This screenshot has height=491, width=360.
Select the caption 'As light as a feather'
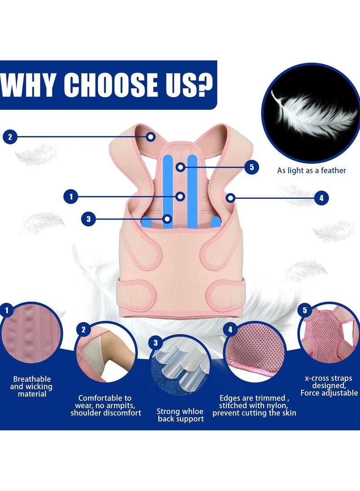[x=311, y=171]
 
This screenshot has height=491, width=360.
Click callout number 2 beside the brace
[x=10, y=137]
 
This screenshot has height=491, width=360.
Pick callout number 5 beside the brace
[x=252, y=167]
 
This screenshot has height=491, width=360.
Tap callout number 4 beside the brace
[x=321, y=198]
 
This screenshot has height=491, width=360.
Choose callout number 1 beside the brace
[x=71, y=197]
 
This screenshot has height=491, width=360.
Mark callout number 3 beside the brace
[x=89, y=219]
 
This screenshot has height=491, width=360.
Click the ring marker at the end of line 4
[x=230, y=198]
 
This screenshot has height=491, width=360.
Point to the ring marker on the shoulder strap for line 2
[x=151, y=137]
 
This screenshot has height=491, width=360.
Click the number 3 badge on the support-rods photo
[x=156, y=343]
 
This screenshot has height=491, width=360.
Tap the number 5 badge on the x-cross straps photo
[x=305, y=311]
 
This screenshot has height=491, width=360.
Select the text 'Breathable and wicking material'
[x=31, y=387]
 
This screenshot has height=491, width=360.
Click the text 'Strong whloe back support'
[x=180, y=415]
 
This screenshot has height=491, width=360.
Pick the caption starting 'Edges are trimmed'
[x=254, y=405]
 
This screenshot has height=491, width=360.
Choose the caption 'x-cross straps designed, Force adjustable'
[x=329, y=386]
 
